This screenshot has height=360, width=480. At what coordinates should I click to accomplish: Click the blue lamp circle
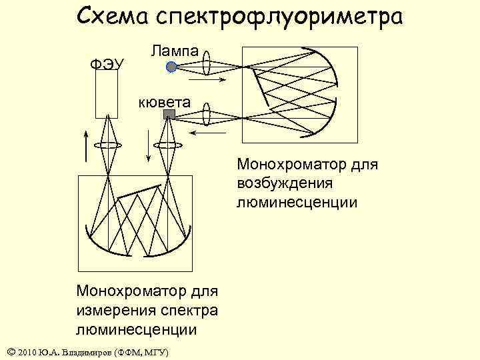[x=171, y=67]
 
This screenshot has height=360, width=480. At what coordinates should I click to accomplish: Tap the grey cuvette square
[x=169, y=115]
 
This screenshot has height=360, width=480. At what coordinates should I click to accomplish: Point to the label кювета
[x=164, y=102]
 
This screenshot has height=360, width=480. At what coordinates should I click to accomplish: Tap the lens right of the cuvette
[x=206, y=114]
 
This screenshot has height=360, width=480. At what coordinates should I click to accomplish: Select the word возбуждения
[x=283, y=182]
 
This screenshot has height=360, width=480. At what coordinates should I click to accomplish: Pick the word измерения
[x=113, y=310]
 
